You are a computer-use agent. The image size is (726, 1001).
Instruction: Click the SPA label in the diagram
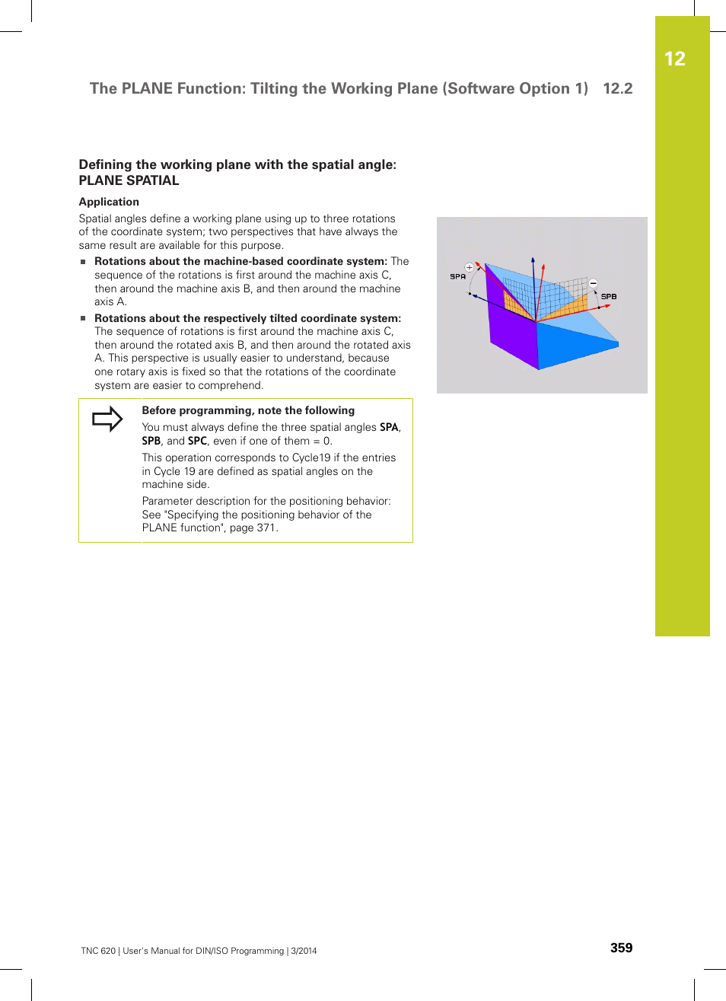coord(457,276)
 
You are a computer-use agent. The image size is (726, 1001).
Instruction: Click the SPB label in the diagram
coord(609,296)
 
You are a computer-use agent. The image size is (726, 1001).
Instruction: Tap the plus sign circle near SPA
coord(470,267)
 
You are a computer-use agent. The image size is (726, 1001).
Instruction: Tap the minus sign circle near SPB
coord(594,283)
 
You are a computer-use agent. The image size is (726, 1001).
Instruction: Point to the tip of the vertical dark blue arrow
coord(533,259)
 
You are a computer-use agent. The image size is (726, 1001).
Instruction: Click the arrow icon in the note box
coord(107,419)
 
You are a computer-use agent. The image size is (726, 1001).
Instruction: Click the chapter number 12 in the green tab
coord(674,59)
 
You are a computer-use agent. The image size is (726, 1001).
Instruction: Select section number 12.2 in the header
coord(617,88)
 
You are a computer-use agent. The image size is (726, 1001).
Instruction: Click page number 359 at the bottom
coord(621,948)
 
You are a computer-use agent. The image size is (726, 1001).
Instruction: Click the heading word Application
coord(109,202)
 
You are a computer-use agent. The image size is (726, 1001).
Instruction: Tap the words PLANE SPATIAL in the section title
coord(129,180)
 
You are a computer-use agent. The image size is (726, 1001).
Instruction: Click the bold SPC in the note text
coord(197,441)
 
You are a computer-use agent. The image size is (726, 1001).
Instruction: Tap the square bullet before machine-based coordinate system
coord(84,262)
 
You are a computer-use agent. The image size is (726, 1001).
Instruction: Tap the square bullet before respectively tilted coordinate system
coord(84,318)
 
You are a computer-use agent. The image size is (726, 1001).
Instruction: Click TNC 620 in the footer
coord(98,951)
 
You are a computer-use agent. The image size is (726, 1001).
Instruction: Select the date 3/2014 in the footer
coord(304,951)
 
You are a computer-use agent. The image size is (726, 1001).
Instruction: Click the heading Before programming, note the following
coord(248,410)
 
